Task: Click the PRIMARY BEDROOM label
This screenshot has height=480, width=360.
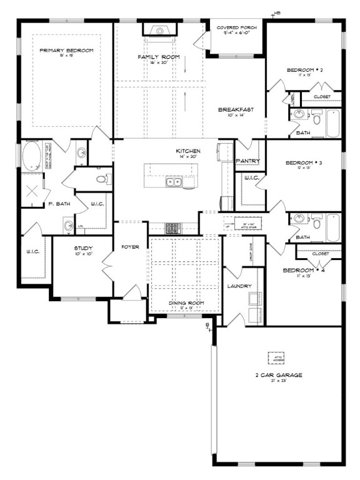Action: [x=66, y=50]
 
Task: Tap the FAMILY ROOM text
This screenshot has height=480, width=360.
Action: [x=158, y=57]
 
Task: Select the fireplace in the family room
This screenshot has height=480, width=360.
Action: [x=159, y=29]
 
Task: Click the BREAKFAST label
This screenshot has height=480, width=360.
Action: [x=235, y=109]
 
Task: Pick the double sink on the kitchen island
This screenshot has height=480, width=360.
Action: [x=173, y=182]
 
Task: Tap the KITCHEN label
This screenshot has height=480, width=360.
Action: [x=187, y=151]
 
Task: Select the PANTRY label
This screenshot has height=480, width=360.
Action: [x=247, y=161]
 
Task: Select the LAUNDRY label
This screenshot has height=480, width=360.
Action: [x=240, y=286]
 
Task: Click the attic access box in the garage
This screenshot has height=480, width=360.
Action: [x=276, y=358]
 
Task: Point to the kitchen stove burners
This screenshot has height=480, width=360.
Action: [x=172, y=226]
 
